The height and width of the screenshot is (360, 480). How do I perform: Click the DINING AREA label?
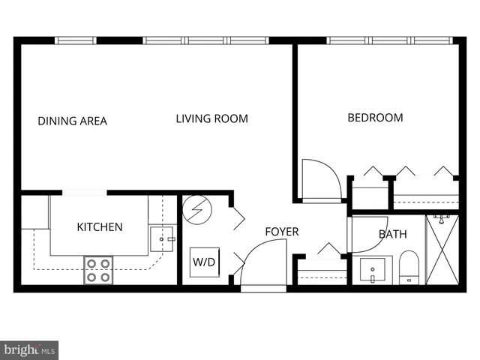pyautogui.click(x=73, y=121)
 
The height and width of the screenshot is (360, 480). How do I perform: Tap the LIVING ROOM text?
pyautogui.click(x=211, y=118)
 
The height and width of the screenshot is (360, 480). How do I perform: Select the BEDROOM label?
pyautogui.click(x=375, y=118)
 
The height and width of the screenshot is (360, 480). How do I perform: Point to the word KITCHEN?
pyautogui.click(x=100, y=227)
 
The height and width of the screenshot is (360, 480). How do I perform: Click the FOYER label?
pyautogui.click(x=281, y=232)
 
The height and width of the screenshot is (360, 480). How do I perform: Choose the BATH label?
pyautogui.click(x=392, y=234)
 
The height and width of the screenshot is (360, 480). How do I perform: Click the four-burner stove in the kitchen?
pyautogui.click(x=98, y=270)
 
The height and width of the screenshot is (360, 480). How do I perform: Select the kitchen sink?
pyautogui.click(x=161, y=239)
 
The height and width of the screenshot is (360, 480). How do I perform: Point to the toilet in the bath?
pyautogui.click(x=409, y=268)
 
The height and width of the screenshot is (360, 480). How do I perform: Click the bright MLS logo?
pyautogui.click(x=29, y=349)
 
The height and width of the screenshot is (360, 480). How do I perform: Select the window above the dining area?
pyautogui.click(x=76, y=40)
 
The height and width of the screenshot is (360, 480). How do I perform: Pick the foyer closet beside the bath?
pyautogui.click(x=322, y=268)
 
